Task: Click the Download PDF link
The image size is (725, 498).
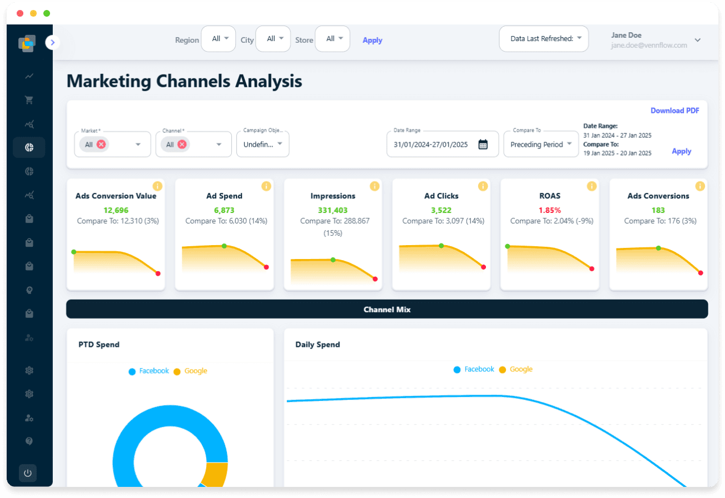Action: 674,111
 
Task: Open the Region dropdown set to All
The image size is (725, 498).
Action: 219,39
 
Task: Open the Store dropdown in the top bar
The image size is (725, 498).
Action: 332,39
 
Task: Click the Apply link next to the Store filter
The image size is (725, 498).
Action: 372,40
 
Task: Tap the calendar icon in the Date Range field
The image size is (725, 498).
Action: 483,145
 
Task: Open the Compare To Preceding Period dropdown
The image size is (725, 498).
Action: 541,145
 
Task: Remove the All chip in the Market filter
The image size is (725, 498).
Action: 101,145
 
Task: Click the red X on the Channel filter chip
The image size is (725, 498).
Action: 182,145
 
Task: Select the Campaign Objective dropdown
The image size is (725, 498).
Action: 263,145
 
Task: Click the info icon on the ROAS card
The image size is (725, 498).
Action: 592,186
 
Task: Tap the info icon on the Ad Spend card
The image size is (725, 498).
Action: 266,186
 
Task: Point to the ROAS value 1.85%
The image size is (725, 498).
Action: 549,210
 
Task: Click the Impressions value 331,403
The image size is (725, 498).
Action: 332,210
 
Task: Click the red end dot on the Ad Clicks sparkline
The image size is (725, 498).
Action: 483,267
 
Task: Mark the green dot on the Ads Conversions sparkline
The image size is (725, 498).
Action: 658,248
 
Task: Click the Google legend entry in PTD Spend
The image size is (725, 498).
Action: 190,371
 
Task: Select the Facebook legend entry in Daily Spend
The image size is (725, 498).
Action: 474,369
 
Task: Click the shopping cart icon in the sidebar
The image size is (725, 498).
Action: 29,100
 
